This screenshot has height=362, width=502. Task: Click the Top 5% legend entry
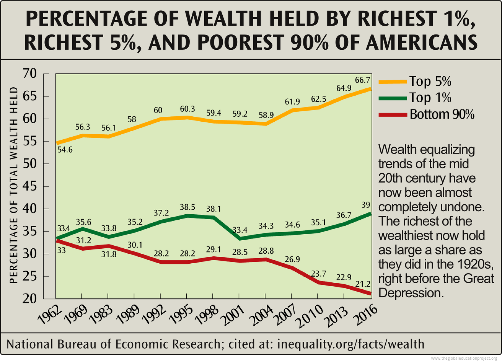(x=430, y=82)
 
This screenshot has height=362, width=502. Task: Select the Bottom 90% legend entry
(x=442, y=114)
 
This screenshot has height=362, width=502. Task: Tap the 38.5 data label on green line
(x=187, y=207)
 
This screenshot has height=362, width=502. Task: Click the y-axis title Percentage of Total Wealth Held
(x=14, y=186)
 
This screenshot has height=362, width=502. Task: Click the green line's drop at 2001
(x=240, y=238)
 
